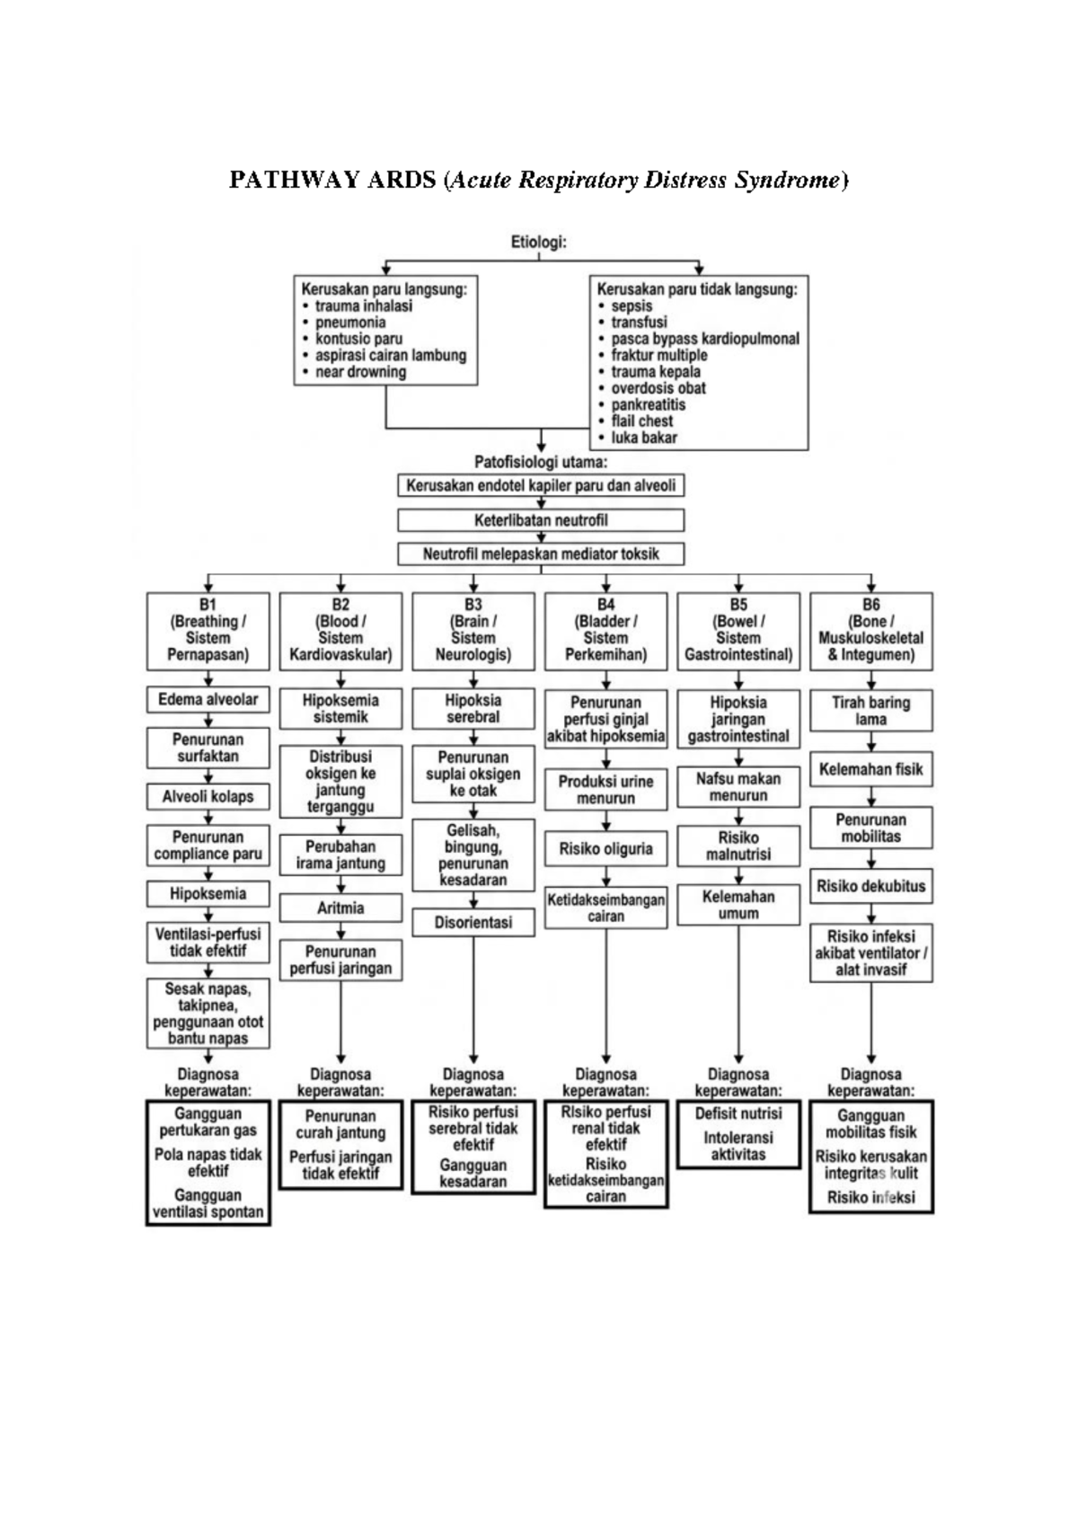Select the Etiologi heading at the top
tap(538, 242)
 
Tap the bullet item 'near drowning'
tap(360, 372)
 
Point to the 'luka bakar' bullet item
tap(644, 438)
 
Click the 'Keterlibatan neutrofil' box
tap(541, 520)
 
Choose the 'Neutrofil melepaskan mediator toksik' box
tap(541, 554)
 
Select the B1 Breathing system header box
tap(208, 630)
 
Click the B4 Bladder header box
tap(605, 630)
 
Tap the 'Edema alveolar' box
tap(208, 699)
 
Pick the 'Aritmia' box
tap(340, 908)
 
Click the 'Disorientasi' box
tap(473, 922)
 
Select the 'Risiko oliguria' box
tap(605, 848)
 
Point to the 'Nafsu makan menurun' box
tap(738, 786)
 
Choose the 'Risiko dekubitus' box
tap(870, 885)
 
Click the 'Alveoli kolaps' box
tap(208, 796)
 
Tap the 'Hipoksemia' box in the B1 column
tap(208, 893)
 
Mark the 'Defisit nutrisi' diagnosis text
tap(738, 1113)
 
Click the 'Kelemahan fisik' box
tap(870, 769)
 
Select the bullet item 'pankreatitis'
tap(648, 404)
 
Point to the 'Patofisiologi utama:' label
tap(541, 463)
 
